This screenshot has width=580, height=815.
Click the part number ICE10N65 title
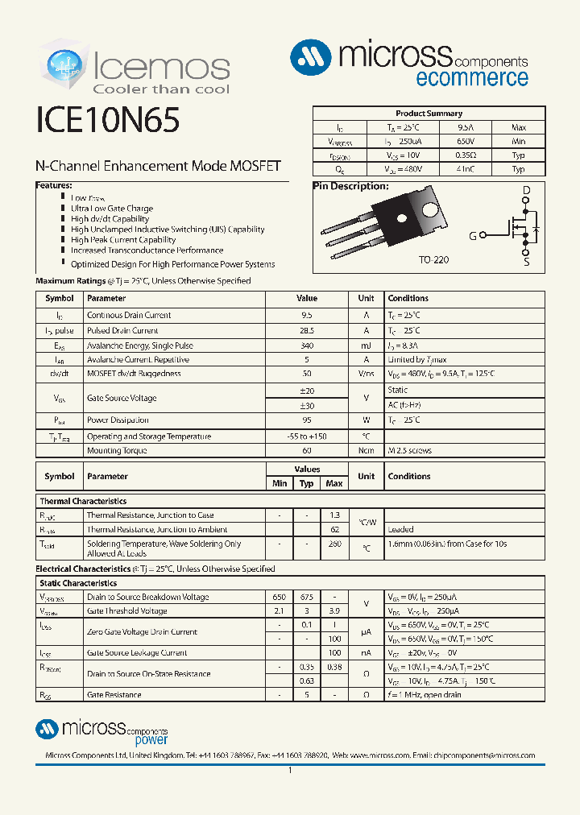(108, 121)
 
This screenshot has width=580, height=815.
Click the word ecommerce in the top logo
(472, 78)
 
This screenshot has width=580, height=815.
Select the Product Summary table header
(429, 114)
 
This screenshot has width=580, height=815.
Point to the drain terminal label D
(526, 192)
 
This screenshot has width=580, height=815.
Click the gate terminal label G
(473, 236)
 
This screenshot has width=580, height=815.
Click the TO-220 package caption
(433, 261)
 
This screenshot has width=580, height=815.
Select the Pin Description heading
(350, 186)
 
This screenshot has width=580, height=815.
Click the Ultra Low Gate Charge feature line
(111, 209)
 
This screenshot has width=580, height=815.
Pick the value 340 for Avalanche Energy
(307, 345)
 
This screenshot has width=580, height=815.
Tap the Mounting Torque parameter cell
(117, 451)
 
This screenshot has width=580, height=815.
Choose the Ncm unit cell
(366, 451)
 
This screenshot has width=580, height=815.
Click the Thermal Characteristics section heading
(83, 501)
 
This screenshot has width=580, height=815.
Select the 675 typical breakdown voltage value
(307, 598)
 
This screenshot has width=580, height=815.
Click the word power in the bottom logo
(151, 739)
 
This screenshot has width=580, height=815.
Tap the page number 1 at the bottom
(290, 771)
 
